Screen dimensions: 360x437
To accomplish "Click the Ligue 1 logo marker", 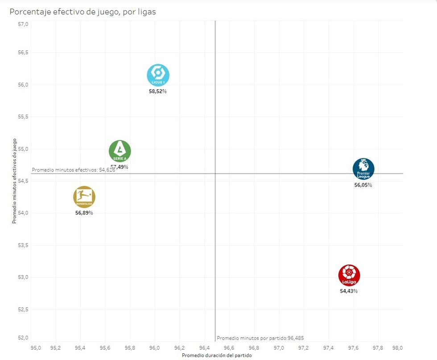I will (x=158, y=75).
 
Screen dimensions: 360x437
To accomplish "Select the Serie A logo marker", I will (x=120, y=151).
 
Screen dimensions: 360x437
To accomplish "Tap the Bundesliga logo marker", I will (x=84, y=197).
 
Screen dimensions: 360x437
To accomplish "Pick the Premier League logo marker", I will (x=363, y=169).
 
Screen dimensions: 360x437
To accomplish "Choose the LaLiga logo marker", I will (x=349, y=275).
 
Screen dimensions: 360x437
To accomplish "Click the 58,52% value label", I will (x=158, y=91).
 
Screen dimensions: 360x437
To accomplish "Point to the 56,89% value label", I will (x=84, y=213).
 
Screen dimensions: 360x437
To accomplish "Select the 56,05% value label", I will (x=363, y=185).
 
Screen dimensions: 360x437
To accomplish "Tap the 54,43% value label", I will (x=349, y=291).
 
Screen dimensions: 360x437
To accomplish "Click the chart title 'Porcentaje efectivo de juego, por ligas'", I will (x=83, y=12).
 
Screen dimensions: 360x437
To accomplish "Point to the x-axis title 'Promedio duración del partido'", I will (x=217, y=356).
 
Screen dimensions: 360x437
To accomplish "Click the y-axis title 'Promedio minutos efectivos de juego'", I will (x=15, y=181).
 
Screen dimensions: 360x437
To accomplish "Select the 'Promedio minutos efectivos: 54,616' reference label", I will (x=74, y=170).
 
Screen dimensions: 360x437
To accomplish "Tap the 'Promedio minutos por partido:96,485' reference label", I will (x=260, y=338).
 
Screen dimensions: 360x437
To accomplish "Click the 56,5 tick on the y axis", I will (x=23, y=53).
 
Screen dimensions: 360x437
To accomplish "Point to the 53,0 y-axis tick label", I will (x=23, y=277).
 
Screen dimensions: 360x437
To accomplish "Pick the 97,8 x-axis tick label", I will (x=378, y=348).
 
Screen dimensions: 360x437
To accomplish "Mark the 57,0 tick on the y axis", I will (x=23, y=24).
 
